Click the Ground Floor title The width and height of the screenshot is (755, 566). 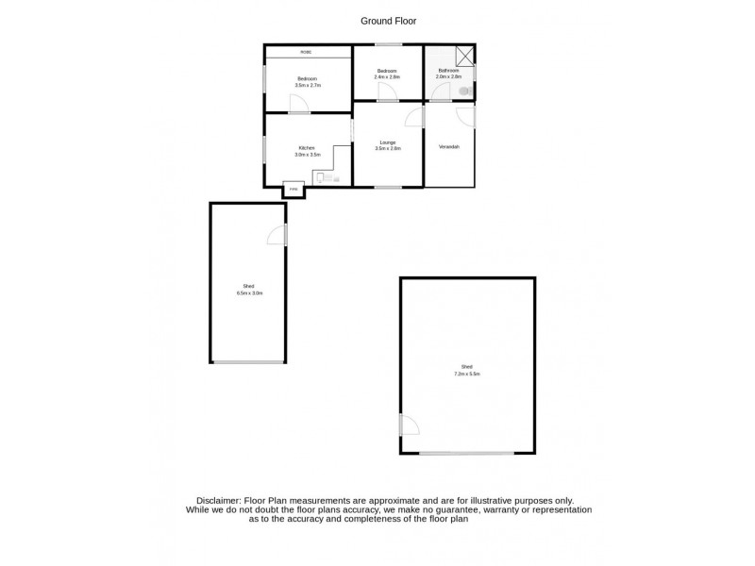[x=388, y=20]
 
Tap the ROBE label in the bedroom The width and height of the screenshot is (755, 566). [x=307, y=52]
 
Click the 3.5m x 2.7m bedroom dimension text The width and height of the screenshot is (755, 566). [x=308, y=85]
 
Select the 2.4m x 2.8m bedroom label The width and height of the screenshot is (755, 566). [x=388, y=75]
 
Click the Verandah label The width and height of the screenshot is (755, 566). [x=449, y=147]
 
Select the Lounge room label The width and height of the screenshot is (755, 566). [x=388, y=142]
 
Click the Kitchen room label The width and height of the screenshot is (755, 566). [x=307, y=148]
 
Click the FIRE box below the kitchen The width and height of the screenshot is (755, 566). [x=294, y=190]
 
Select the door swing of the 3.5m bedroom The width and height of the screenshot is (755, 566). [x=296, y=104]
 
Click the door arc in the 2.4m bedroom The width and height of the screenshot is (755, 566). [x=386, y=92]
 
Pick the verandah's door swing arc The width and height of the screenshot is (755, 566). [x=465, y=115]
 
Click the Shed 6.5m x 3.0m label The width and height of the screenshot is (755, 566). [x=249, y=289]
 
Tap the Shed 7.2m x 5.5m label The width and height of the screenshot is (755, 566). [x=467, y=370]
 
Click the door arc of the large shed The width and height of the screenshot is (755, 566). [x=409, y=425]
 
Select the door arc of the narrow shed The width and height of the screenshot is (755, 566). [x=276, y=236]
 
